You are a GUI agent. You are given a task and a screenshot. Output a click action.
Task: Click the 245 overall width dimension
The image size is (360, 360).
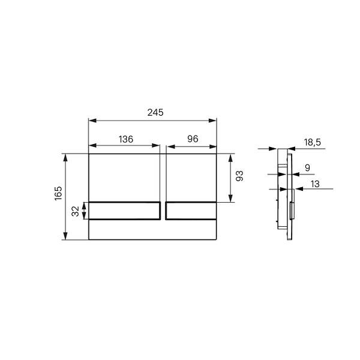[155, 113]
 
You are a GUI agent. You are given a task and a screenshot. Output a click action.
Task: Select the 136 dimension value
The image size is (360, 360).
[126, 139]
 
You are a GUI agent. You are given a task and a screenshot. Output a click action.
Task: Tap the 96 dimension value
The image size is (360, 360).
[193, 139]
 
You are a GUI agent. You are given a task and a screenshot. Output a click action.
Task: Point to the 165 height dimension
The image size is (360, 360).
[58, 193]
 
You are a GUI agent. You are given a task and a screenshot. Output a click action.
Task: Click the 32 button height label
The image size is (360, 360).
[76, 211]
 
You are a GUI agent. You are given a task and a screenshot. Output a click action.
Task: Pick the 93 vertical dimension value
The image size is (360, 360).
[239, 176]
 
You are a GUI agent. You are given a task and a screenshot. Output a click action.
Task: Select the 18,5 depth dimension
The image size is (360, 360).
[313, 142]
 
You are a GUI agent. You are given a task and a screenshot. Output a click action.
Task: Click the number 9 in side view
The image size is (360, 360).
[307, 168]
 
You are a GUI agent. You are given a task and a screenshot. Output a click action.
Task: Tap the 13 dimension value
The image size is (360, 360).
[315, 184]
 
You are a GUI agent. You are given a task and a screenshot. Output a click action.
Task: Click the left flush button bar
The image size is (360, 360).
[125, 211]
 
